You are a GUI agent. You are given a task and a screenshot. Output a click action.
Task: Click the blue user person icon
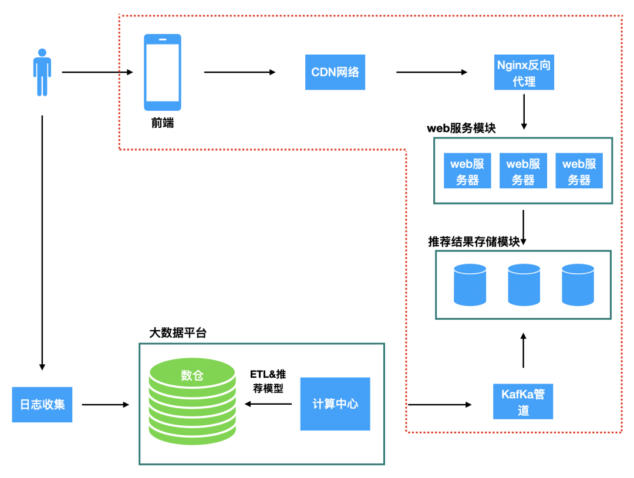(42, 73)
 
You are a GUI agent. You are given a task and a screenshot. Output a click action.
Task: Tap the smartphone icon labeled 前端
(163, 72)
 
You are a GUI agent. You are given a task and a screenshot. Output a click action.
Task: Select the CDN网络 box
(335, 72)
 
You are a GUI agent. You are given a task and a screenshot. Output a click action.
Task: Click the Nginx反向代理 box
(524, 72)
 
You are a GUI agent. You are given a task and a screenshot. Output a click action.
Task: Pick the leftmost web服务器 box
(467, 171)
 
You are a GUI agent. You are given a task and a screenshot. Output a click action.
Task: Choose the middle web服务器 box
(523, 171)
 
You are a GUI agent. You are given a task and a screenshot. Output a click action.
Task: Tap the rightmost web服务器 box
(579, 171)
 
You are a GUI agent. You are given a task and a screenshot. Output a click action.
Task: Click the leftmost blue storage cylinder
(470, 285)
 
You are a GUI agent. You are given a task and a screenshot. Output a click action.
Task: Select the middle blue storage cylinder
(524, 285)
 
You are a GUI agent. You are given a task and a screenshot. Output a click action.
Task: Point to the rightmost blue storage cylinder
(578, 285)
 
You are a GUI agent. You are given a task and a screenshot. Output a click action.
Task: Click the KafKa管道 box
(523, 402)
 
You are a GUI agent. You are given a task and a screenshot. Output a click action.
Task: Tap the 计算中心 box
(335, 404)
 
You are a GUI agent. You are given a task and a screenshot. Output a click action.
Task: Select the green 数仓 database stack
(193, 402)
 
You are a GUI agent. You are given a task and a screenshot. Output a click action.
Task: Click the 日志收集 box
(42, 405)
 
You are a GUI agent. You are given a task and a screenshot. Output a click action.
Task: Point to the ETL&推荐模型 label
(268, 381)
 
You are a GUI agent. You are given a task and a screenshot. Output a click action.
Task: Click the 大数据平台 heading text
(178, 333)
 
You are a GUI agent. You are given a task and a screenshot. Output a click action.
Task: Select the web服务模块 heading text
(461, 128)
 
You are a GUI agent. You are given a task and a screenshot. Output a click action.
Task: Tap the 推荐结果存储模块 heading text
(474, 242)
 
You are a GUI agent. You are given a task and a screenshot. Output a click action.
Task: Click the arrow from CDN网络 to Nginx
(432, 72)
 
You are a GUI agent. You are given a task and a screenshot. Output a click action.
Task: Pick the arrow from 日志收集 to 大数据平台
(106, 405)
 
